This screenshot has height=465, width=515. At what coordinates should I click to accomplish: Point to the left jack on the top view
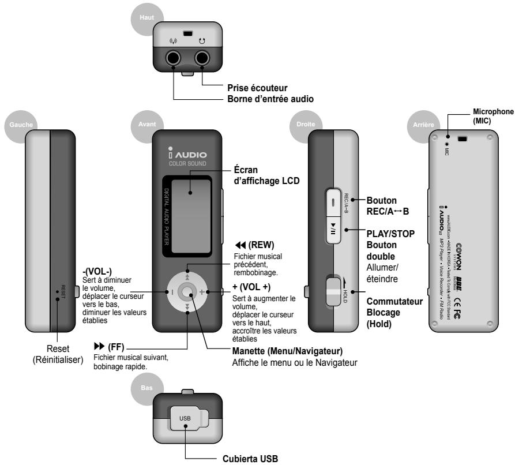coord(174,58)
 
